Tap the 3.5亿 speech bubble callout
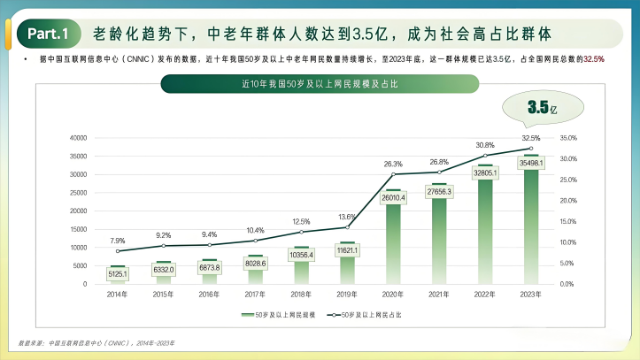(x=542, y=108)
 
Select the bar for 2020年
(x=393, y=239)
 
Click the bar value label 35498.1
(x=531, y=164)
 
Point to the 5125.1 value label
(x=118, y=274)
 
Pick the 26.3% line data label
(x=393, y=164)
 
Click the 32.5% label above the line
(x=531, y=138)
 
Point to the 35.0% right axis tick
(x=568, y=138)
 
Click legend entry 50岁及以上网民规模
(x=279, y=314)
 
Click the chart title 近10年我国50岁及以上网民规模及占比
(x=306, y=84)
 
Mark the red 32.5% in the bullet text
(x=594, y=58)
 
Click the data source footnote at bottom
(x=97, y=341)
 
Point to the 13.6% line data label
(x=348, y=217)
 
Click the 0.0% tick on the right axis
(x=568, y=284)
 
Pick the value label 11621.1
(x=348, y=251)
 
